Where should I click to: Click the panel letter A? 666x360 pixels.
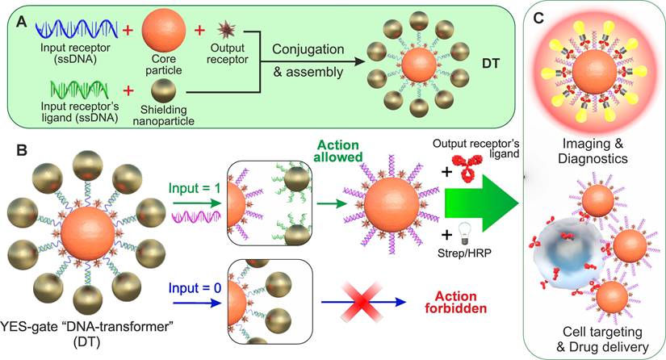pos(15,15)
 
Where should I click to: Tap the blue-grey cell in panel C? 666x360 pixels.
pos(570,267)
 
